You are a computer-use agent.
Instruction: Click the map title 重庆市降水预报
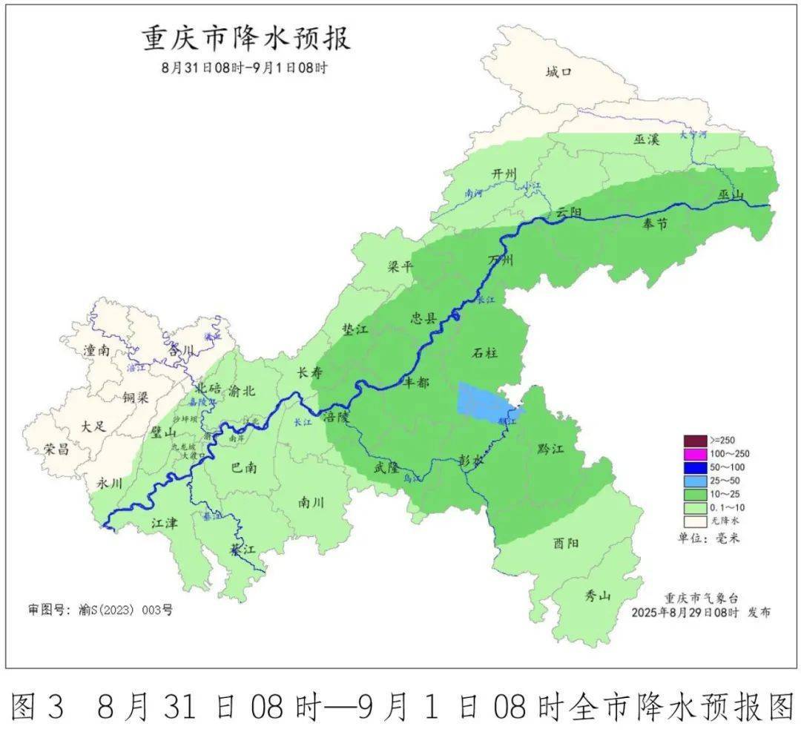246,39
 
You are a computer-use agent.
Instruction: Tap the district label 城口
558,72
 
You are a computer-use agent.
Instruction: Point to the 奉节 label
655,224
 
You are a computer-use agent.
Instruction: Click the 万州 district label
501,260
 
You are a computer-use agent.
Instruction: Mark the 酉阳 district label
566,543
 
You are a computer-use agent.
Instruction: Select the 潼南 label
97,351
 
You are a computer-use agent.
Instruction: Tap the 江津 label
165,523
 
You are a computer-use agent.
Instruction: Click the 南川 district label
311,502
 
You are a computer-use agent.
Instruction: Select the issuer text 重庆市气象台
701,598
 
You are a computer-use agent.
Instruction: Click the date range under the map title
245,67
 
